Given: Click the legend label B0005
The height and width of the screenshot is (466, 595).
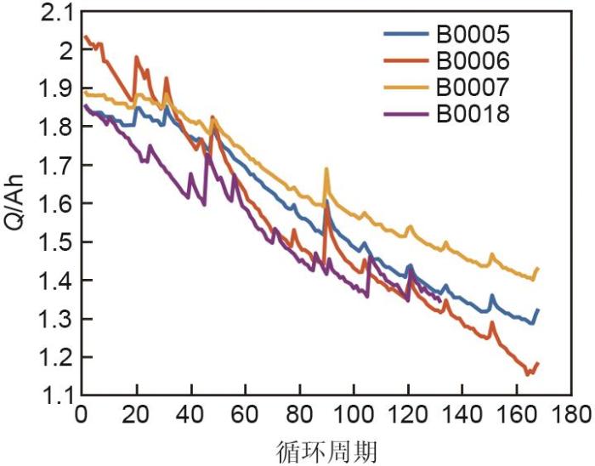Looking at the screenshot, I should pyautogui.click(x=473, y=36).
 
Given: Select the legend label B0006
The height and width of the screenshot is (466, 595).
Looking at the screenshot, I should pyautogui.click(x=473, y=61).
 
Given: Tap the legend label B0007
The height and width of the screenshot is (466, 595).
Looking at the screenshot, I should pyautogui.click(x=473, y=87).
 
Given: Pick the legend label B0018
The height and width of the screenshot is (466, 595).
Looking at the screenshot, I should pyautogui.click(x=473, y=112).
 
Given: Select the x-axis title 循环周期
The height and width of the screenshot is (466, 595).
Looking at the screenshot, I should pyautogui.click(x=327, y=450).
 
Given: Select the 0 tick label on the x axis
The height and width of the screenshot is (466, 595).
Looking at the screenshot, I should pyautogui.click(x=81, y=417).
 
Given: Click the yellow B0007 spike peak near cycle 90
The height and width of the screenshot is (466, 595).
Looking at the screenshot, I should pyautogui.click(x=326, y=169).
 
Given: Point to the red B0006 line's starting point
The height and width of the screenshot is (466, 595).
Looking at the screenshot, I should pyautogui.click(x=83, y=36).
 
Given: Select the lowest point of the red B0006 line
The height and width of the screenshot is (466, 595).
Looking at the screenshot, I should pyautogui.click(x=528, y=373).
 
